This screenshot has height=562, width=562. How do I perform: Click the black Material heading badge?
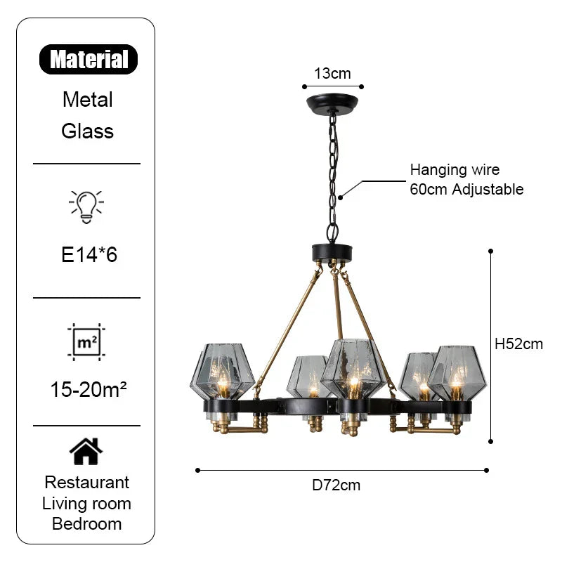[x=89, y=59]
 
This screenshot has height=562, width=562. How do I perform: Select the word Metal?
[x=88, y=99]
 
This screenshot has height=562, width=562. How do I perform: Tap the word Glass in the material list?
[x=88, y=131]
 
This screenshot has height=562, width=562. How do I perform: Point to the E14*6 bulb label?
[x=89, y=254]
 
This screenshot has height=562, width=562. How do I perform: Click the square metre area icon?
[x=86, y=342]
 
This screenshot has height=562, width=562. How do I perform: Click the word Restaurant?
[x=87, y=483]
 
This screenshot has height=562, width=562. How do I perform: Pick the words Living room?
[x=87, y=503]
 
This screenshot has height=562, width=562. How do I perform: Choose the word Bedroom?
[x=87, y=523]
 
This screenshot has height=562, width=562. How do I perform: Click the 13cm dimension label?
[x=332, y=73]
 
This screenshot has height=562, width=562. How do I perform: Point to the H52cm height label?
[x=519, y=344]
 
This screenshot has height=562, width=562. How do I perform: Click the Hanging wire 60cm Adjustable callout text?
[x=466, y=179]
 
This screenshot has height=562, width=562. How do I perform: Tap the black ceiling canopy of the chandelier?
[x=333, y=103]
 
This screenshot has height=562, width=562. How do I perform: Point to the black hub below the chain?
[x=334, y=251]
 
